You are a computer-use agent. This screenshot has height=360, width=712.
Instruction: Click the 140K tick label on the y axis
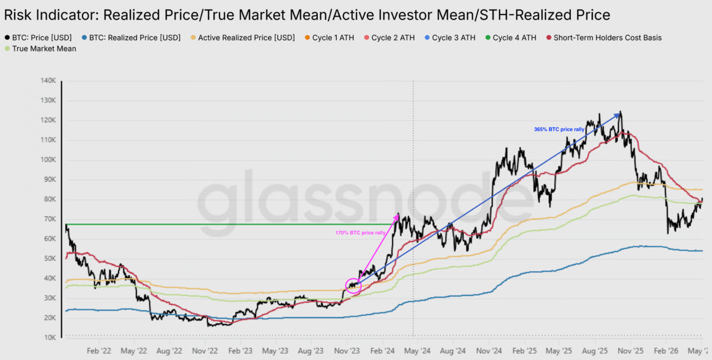pos(48,81)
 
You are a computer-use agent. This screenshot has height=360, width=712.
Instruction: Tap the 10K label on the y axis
pos(50,337)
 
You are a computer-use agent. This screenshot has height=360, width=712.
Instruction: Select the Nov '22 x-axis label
pos(205,351)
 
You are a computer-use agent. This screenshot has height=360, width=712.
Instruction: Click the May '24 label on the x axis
pos(417,351)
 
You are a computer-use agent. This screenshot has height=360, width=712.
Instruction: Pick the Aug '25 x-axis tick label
pos(595,351)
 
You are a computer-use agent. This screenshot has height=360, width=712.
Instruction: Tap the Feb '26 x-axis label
pos(666,351)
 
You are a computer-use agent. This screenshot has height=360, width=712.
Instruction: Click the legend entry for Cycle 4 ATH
pos(511,38)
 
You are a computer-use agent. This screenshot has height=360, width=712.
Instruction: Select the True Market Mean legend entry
pos(41,48)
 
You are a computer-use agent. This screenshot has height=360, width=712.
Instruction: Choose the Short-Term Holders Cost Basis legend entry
pos(604,38)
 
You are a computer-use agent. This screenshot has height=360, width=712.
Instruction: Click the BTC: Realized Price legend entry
pos(131,38)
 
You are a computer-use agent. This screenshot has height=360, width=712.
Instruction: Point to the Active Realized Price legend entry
pos(243,38)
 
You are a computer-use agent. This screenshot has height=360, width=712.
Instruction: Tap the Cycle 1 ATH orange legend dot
pos(308,38)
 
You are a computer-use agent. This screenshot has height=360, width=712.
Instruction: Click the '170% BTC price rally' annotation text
pos(360,233)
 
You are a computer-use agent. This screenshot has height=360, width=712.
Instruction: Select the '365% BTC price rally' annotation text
pos(559,130)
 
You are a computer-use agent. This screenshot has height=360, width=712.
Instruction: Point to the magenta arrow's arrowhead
pos(398,215)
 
